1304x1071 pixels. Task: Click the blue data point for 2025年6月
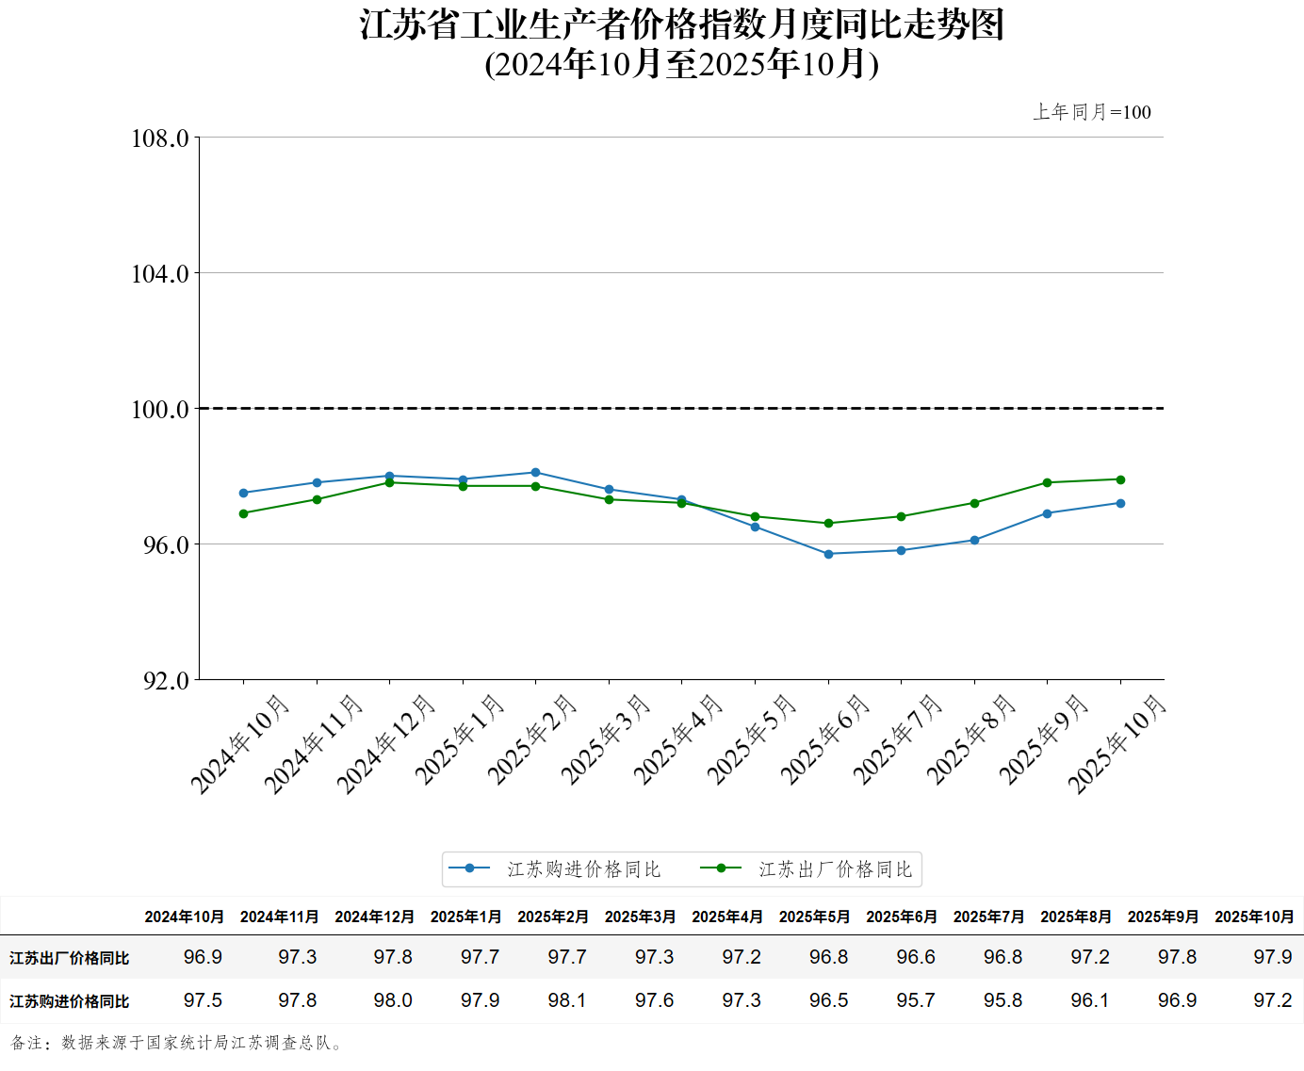click(x=828, y=554)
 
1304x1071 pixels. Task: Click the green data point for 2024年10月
click(x=243, y=513)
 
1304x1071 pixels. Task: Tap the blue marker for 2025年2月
click(x=535, y=473)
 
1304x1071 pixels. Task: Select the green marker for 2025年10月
click(x=1120, y=479)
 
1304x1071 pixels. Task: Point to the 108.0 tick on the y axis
click(x=160, y=138)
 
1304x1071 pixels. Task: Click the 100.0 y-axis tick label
click(x=160, y=410)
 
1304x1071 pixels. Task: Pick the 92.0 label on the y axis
click(x=166, y=680)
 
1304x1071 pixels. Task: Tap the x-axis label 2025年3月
click(x=606, y=739)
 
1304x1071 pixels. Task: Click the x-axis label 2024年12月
click(x=386, y=744)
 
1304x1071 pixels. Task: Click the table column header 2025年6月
click(x=902, y=917)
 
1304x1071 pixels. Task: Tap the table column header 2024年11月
click(x=280, y=917)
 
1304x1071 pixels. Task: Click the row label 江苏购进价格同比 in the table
click(x=70, y=1001)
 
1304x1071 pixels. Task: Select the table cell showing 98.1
click(x=567, y=1000)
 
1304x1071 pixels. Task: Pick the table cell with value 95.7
click(x=916, y=1000)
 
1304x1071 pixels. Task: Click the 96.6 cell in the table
click(x=916, y=957)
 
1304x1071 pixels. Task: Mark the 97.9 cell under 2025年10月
click(x=1272, y=957)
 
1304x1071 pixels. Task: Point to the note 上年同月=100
click(x=1092, y=112)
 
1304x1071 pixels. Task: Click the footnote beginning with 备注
click(x=177, y=1043)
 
